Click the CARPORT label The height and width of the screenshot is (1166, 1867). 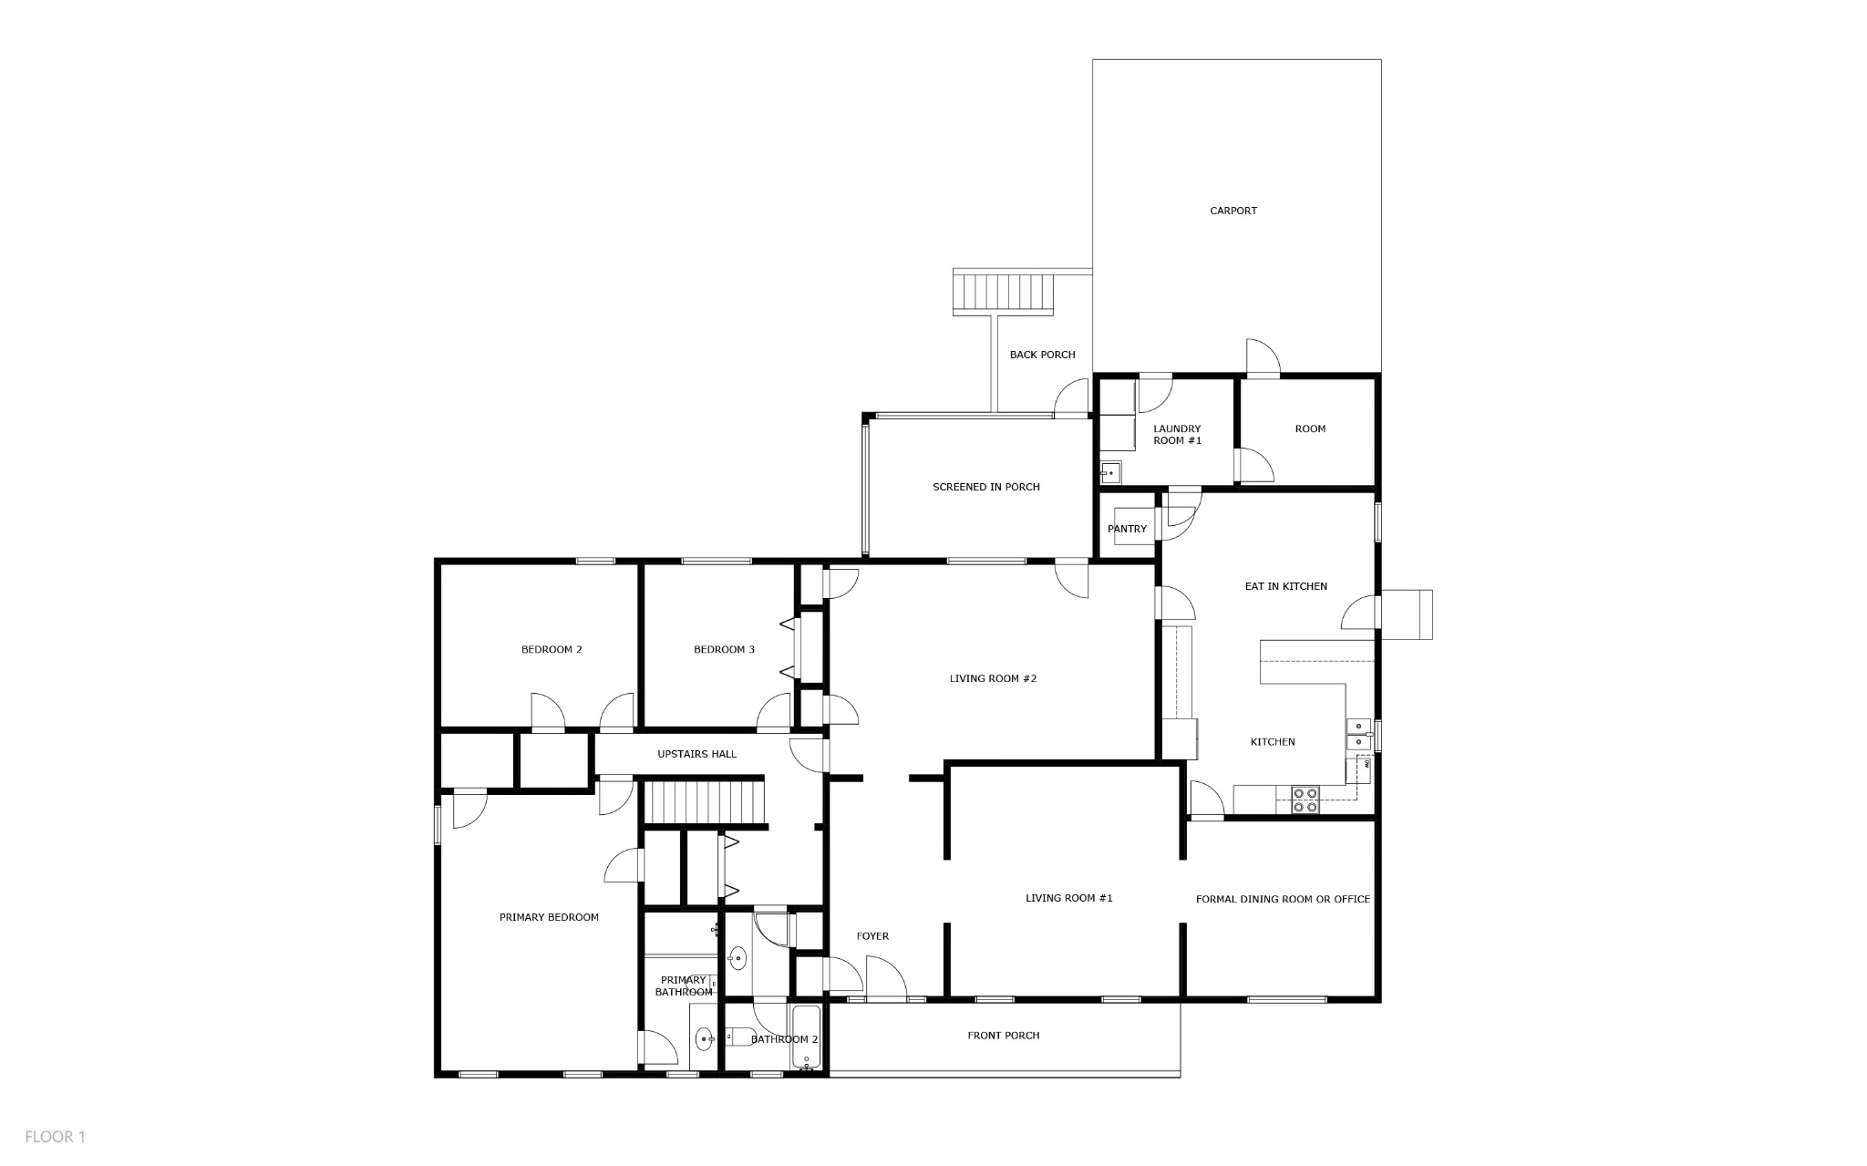[1233, 211]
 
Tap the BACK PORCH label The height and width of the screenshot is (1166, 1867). [1042, 355]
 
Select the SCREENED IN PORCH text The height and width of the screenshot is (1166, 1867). [986, 487]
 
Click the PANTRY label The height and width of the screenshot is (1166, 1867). [1127, 529]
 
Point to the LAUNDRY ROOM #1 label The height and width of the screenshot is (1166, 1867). [1178, 434]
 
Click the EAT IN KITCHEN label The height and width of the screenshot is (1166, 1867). [1286, 586]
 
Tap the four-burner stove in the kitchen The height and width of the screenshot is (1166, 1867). [1305, 800]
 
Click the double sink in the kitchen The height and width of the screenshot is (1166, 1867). [1358, 734]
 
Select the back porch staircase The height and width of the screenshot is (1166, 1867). [1004, 292]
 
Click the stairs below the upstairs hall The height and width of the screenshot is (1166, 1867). [704, 801]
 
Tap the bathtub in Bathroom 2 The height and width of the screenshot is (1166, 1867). [807, 1037]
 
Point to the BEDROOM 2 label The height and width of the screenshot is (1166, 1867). [552, 650]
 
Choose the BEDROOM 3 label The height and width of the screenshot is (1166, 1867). [724, 650]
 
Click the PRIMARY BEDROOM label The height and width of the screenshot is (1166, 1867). [549, 917]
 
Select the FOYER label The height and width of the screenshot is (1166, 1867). [872, 936]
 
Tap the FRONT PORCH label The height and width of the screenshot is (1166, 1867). [1004, 1036]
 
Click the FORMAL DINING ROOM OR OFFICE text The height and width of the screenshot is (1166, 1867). [1283, 899]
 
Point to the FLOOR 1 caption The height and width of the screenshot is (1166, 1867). [55, 1137]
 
